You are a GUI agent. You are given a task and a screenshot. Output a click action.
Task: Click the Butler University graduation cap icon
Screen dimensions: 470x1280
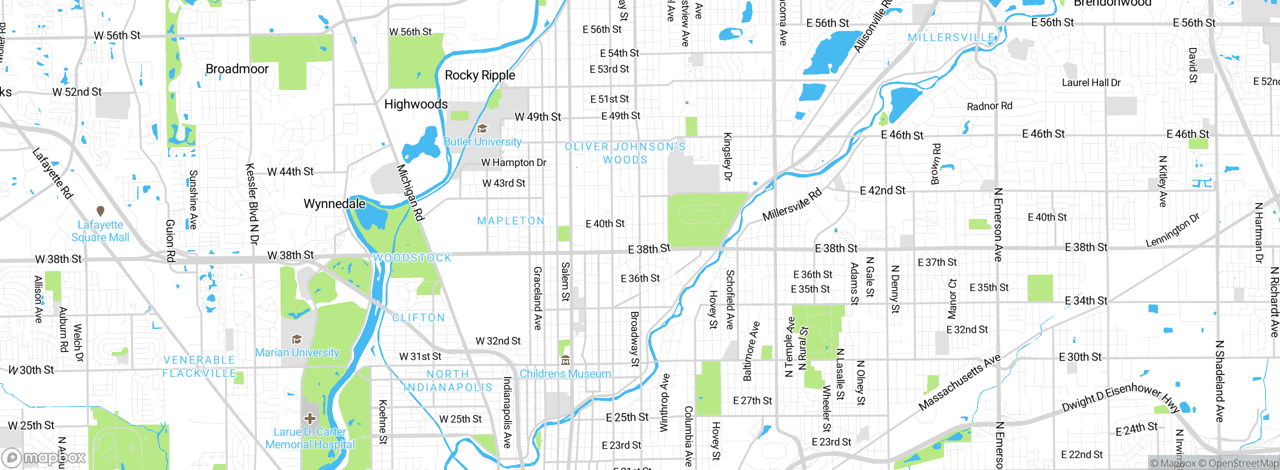pyautogui.click(x=482, y=129)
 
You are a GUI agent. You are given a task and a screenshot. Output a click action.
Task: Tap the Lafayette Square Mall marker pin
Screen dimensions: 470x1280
pyautogui.click(x=100, y=211)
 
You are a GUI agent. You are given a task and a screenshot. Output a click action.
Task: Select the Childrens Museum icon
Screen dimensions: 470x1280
pyautogui.click(x=565, y=360)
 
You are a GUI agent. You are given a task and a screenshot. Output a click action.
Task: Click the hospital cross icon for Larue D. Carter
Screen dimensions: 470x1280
pyautogui.click(x=310, y=418)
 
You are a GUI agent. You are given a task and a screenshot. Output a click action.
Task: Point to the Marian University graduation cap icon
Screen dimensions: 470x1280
pyautogui.click(x=296, y=339)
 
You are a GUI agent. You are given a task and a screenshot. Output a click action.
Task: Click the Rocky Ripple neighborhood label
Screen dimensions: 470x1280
pyautogui.click(x=479, y=75)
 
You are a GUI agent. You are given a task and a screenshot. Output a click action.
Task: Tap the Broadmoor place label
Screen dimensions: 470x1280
pyautogui.click(x=237, y=69)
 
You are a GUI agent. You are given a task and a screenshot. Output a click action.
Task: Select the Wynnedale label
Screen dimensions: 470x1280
pyautogui.click(x=334, y=204)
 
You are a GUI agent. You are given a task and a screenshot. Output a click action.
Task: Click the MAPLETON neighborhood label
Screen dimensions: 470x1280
pyautogui.click(x=510, y=221)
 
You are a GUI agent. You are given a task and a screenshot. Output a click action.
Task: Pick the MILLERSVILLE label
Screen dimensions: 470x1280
pyautogui.click(x=950, y=38)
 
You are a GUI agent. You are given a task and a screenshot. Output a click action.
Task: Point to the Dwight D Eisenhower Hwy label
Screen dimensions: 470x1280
pyautogui.click(x=1120, y=398)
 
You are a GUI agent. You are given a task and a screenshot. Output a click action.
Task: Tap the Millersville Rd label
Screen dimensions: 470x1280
pyautogui.click(x=791, y=204)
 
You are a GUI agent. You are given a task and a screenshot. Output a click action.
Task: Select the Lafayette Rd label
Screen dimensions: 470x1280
pyautogui.click(x=52, y=173)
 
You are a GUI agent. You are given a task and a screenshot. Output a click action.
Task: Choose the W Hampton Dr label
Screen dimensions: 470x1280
pyautogui.click(x=513, y=162)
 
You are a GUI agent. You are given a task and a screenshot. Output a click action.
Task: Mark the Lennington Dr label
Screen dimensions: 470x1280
pyautogui.click(x=1172, y=230)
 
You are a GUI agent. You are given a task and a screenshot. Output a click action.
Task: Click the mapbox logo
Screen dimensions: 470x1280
pyautogui.click(x=44, y=457)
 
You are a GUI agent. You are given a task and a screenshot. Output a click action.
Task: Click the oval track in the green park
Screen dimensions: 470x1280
pyautogui.click(x=701, y=216)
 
